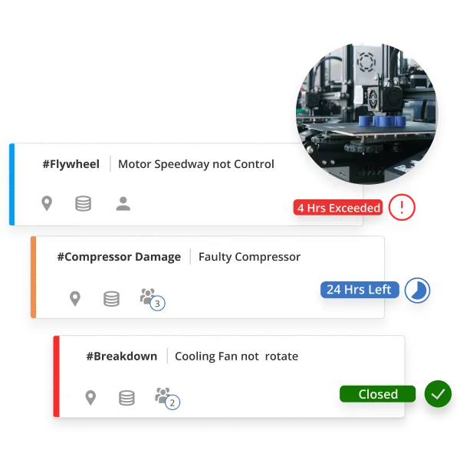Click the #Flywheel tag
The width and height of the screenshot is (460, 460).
[x=71, y=164]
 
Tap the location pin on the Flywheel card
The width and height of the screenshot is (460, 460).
[x=47, y=203]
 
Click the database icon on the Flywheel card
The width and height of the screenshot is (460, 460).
[x=83, y=203]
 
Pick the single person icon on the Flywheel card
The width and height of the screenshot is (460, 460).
[x=123, y=203]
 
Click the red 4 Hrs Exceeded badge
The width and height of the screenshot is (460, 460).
[x=338, y=208]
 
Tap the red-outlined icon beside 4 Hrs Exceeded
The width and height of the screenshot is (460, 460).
[x=402, y=207]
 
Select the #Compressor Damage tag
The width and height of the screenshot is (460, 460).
[x=119, y=257]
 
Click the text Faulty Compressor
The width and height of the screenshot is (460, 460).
[x=249, y=257]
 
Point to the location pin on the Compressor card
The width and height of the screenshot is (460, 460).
[x=74, y=298]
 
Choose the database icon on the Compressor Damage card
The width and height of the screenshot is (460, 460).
[x=111, y=298]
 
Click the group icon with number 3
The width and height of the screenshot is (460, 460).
[x=150, y=298]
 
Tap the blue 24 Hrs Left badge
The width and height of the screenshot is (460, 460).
[x=359, y=290]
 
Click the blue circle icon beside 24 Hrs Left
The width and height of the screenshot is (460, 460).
[x=417, y=290]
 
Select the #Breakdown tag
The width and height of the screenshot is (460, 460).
[x=121, y=356]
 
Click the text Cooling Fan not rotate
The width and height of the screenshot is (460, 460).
[x=236, y=356]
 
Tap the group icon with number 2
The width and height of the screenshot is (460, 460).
[x=166, y=397]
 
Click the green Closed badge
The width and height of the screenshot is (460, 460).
[x=378, y=394]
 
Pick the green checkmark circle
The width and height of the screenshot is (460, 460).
[x=438, y=394]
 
